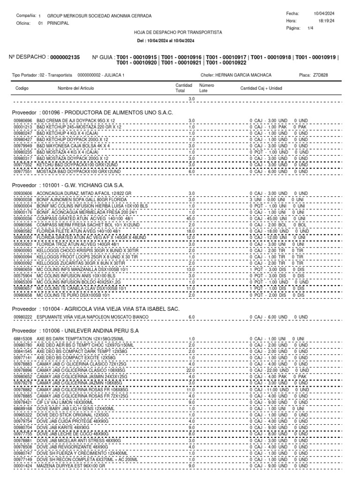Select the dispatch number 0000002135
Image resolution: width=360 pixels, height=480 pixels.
65,57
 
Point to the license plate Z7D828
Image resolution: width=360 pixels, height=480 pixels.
320,75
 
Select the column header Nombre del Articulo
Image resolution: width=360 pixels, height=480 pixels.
75,88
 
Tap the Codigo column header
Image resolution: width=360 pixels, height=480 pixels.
22,88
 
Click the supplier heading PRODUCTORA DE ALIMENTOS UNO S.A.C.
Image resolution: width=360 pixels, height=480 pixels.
119,113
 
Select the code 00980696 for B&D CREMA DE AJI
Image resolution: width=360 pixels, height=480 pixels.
22,121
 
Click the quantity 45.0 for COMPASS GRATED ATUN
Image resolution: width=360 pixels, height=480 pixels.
191,217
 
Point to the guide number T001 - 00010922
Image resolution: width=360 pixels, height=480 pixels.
226,62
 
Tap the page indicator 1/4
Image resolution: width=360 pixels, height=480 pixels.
310,28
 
